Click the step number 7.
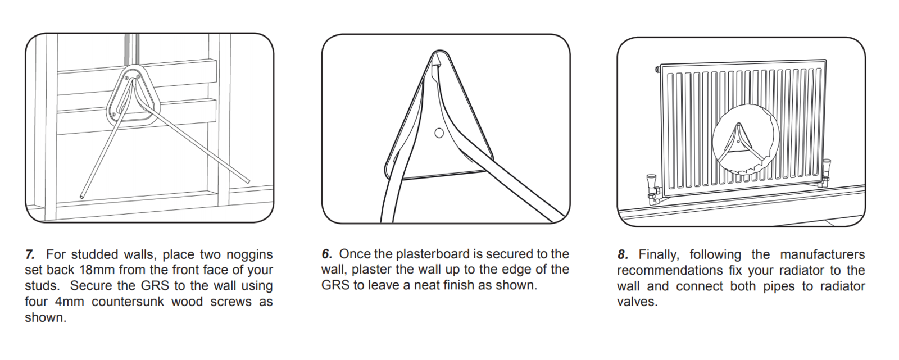[x=30, y=254]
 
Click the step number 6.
[x=326, y=254]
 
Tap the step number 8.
[x=623, y=254]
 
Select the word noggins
[x=249, y=255]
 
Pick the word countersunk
[x=128, y=302]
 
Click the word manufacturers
[x=823, y=254]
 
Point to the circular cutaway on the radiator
[x=745, y=141]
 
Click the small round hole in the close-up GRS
[x=439, y=133]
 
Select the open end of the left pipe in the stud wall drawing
[x=82, y=196]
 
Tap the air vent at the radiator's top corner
[x=657, y=69]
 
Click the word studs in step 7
[x=42, y=286]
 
